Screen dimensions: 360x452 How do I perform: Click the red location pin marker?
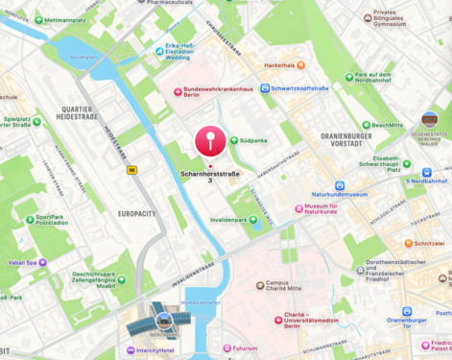(210, 142)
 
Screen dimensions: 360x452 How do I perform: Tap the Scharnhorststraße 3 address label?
(210, 177)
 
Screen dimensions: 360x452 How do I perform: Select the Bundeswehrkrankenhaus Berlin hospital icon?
(178, 91)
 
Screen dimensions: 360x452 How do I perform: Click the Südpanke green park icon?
(234, 140)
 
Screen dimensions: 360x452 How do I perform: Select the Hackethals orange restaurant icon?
(300, 65)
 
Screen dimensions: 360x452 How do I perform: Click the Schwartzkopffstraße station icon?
(264, 88)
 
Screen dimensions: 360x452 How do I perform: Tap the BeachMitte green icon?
(366, 125)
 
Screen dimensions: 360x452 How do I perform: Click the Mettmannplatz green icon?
(38, 19)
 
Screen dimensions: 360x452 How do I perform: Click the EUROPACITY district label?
(137, 213)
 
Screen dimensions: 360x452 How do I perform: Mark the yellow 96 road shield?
(131, 170)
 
